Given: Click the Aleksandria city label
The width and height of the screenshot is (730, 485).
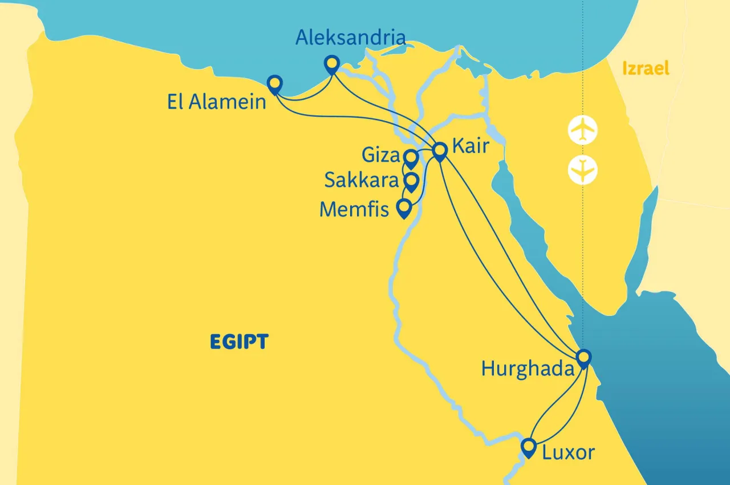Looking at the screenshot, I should click(351, 38).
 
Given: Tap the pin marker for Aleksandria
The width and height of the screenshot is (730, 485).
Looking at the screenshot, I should click(331, 64).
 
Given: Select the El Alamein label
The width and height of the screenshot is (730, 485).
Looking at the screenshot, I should click(217, 102).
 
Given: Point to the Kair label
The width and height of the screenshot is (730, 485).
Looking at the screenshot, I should click(471, 146).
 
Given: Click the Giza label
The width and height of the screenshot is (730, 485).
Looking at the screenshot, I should click(381, 155).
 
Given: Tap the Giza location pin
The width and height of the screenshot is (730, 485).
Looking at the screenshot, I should click(411, 157).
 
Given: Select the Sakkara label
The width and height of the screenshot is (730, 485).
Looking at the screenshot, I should click(362, 181).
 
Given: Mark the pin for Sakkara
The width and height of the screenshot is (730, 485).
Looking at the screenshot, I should click(411, 182).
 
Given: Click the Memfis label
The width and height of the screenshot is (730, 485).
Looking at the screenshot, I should click(354, 209).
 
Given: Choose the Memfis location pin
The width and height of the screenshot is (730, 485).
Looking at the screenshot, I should click(404, 207).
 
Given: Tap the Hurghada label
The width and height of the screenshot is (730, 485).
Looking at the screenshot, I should click(528, 368).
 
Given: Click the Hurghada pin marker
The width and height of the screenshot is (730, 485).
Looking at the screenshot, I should click(582, 358).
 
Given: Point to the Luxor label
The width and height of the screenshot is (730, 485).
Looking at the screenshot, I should click(568, 453).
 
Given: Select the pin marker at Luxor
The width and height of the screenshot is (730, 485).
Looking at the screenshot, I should click(529, 446).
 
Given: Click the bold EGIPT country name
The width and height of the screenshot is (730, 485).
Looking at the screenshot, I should click(239, 342).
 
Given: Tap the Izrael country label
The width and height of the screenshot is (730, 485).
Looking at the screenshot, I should click(646, 69).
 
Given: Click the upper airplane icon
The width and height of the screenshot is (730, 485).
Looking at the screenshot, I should click(582, 130).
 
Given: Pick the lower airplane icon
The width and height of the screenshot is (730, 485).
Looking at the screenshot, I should click(582, 170).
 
